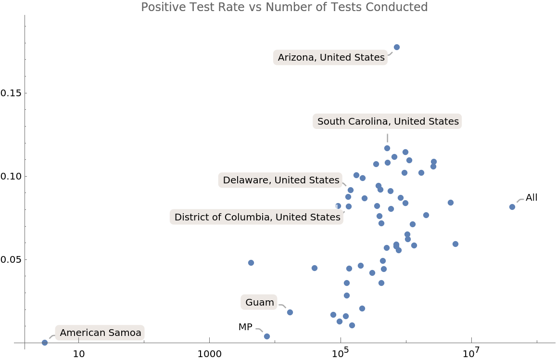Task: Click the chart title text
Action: tap(284, 7)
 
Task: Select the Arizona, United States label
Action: tap(331, 58)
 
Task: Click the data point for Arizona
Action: tap(397, 47)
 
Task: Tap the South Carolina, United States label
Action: tap(388, 121)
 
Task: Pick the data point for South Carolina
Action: tap(387, 148)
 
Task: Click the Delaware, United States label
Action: tap(281, 180)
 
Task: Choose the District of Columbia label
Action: tap(257, 217)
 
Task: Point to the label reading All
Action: tap(531, 197)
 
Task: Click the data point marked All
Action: tap(512, 207)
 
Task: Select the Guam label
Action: tap(259, 303)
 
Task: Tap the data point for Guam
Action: tap(290, 312)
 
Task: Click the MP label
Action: tap(245, 327)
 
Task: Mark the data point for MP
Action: tap(267, 336)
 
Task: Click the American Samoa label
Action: tap(100, 333)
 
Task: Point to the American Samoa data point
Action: tap(45, 343)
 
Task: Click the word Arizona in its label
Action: tap(296, 58)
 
